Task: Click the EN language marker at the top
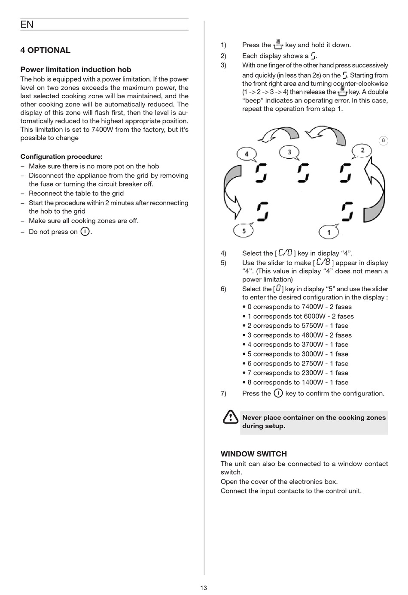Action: (27, 24)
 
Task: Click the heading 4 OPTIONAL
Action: (45, 50)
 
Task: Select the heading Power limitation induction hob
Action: (76, 69)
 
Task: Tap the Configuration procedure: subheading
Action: (61, 157)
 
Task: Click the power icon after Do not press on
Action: (85, 232)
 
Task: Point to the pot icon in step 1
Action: (278, 44)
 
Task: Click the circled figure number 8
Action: (383, 140)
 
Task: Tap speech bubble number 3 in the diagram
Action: (289, 152)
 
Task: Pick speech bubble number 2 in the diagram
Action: (362, 151)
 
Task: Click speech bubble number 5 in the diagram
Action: (244, 231)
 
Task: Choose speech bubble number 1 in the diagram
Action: (329, 232)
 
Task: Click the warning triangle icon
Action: (230, 417)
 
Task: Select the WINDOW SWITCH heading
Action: (253, 454)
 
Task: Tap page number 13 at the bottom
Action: (204, 588)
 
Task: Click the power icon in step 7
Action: (278, 393)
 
